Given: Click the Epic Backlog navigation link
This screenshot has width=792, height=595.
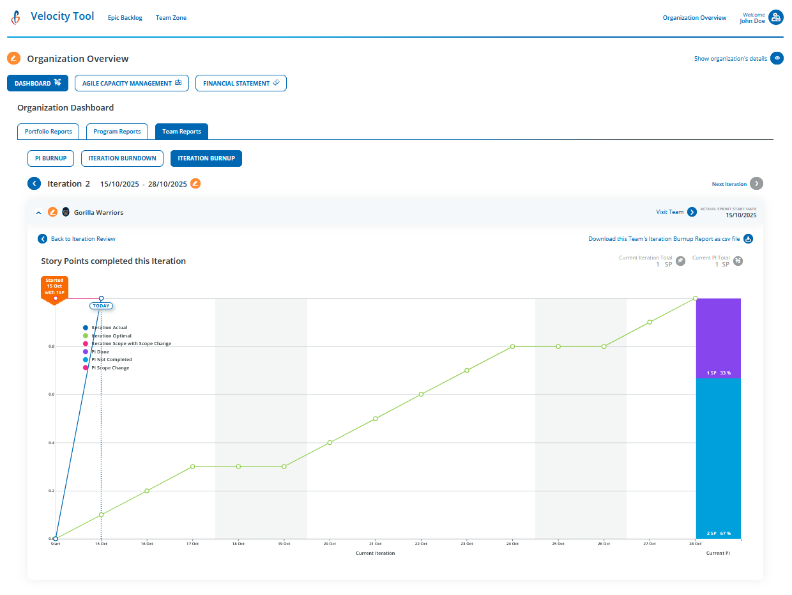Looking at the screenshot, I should pyautogui.click(x=125, y=18).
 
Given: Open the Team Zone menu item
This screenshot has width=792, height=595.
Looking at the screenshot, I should pyautogui.click(x=171, y=18).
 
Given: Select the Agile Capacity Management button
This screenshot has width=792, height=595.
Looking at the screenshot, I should pyautogui.click(x=132, y=83).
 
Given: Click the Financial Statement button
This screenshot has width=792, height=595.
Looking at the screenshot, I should pyautogui.click(x=241, y=83).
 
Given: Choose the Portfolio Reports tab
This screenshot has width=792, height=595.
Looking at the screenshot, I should pyautogui.click(x=49, y=132).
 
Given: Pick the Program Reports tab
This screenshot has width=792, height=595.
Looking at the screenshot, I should pyautogui.click(x=117, y=132).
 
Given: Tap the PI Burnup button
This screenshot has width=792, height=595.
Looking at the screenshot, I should pyautogui.click(x=50, y=158).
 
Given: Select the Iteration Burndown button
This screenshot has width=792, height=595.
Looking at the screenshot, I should pyautogui.click(x=122, y=158).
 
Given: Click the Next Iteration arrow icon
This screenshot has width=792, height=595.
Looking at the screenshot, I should pyautogui.click(x=756, y=184).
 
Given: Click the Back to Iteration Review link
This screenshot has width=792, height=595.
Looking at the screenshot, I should pyautogui.click(x=83, y=239).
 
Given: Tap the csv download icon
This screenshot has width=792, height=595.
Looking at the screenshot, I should pyautogui.click(x=748, y=239).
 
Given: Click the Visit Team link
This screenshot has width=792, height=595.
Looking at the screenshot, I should pyautogui.click(x=669, y=212).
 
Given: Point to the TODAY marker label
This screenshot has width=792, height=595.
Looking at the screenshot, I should pyautogui.click(x=101, y=306).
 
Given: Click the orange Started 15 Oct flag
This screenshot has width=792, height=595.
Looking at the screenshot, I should pyautogui.click(x=54, y=288).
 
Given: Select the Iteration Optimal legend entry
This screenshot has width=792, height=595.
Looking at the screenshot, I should pyautogui.click(x=111, y=336).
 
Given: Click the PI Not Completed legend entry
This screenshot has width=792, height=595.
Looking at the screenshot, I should pyautogui.click(x=111, y=360).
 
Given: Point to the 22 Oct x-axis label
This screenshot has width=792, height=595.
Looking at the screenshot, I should pyautogui.click(x=421, y=544).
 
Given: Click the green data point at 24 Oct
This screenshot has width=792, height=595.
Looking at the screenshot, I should pyautogui.click(x=512, y=346).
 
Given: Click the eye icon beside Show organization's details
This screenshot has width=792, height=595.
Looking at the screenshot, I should pyautogui.click(x=777, y=59).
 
